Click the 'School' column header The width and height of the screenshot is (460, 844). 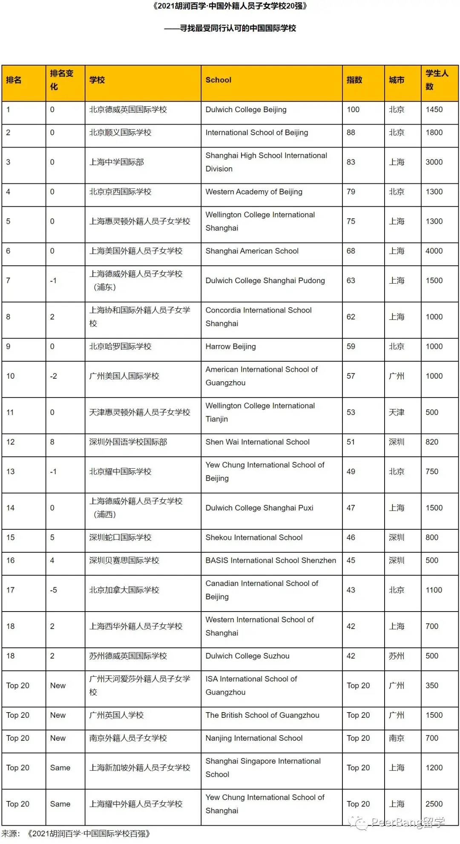(218, 80)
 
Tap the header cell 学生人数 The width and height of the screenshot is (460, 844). (437, 80)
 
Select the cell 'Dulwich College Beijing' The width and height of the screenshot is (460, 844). (246, 110)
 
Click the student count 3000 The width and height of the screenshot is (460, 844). (434, 162)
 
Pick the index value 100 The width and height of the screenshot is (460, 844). (353, 110)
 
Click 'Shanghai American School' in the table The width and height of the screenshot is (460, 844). (252, 251)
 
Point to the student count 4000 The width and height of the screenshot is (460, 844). (434, 251)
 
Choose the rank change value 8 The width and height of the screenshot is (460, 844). (52, 442)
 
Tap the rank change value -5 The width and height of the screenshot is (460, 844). (53, 590)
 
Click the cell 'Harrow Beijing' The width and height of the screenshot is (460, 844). (230, 347)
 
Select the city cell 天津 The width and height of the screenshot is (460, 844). (396, 412)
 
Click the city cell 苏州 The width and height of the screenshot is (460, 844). (396, 656)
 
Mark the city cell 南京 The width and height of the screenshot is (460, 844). (396, 738)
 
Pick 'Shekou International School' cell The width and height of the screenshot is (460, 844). (254, 538)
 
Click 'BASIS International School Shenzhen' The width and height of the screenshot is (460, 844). (270, 561)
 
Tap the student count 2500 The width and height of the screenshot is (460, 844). (434, 804)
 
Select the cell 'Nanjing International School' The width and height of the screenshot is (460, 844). (254, 738)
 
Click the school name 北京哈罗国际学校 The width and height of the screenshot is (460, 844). (120, 347)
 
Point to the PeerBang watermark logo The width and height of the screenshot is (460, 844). (396, 822)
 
